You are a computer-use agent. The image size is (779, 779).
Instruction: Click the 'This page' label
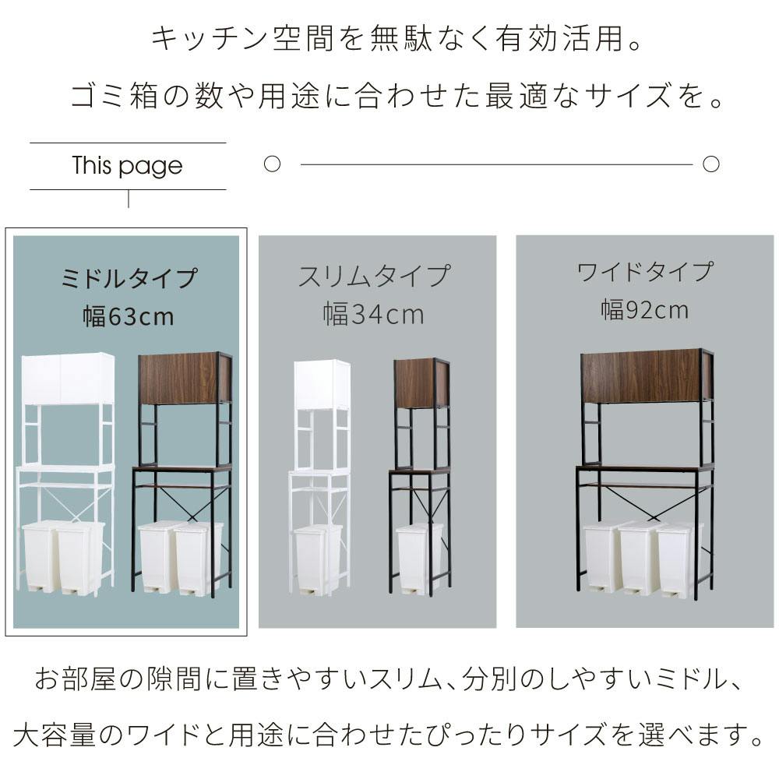point(127,166)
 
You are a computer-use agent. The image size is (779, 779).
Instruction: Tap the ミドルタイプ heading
point(129,278)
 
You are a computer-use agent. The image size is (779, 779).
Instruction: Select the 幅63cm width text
point(129,316)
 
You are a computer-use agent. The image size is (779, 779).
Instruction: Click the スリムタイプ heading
point(374,276)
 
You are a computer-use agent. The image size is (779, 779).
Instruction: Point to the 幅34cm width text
point(374,315)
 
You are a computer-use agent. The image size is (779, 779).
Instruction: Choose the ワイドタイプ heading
point(645,272)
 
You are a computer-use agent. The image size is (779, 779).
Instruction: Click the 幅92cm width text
point(645,309)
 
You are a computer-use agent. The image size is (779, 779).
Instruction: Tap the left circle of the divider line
point(272,164)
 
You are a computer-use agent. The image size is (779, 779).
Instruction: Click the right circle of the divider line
point(711,164)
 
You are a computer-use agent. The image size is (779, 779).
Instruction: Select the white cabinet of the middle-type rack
point(68,379)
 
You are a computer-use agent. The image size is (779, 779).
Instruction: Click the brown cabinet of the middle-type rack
point(185,378)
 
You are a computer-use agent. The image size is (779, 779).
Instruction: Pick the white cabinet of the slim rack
point(323,385)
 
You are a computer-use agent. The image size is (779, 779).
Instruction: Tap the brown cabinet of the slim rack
point(423,383)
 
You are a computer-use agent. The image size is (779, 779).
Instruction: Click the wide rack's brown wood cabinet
point(648,375)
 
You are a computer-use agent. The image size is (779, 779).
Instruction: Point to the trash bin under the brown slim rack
point(419,559)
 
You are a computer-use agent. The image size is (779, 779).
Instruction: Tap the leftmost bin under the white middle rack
point(41,557)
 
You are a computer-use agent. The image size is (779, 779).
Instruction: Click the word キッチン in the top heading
point(209,39)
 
